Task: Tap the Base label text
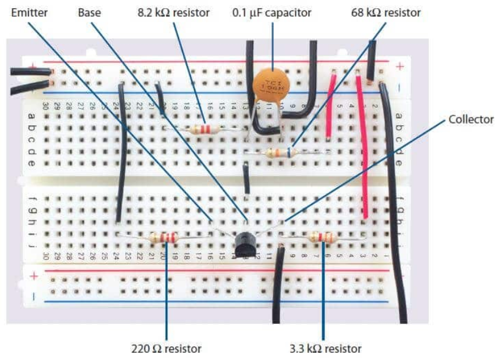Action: tap(89, 12)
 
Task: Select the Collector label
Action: tap(470, 119)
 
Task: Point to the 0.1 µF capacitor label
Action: tap(271, 12)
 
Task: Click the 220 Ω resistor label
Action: tap(166, 348)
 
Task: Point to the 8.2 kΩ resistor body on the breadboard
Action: tap(202, 129)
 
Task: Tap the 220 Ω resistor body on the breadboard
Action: tap(163, 238)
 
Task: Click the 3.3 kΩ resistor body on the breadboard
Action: tap(323, 238)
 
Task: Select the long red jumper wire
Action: tap(363, 148)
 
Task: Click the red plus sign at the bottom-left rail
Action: tap(34, 276)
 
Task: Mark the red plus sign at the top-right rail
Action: tap(400, 67)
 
